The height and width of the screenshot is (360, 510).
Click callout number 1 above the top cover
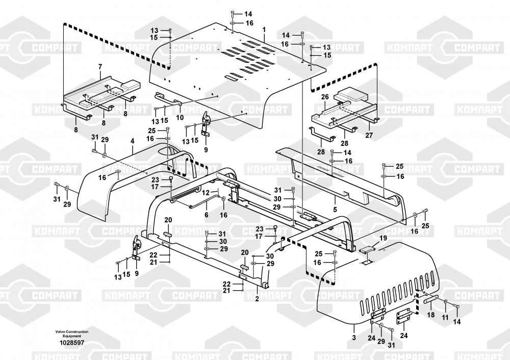264,31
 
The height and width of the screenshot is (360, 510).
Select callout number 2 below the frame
257,299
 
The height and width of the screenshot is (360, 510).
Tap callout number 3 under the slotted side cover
354,338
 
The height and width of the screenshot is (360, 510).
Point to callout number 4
132,140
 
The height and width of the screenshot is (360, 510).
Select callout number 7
99,67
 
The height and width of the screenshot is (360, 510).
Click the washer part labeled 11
446,302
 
